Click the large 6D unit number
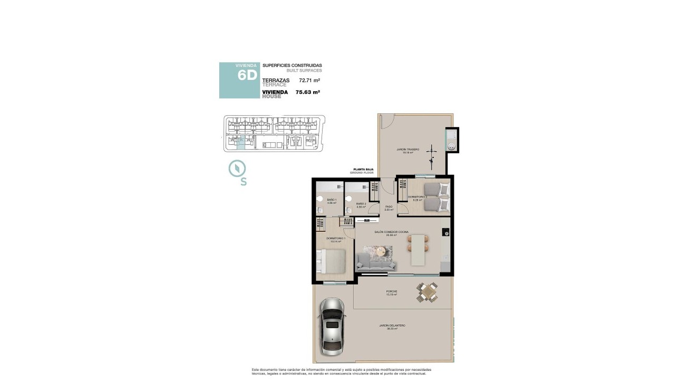[x=247, y=75]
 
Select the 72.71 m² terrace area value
[x=309, y=81]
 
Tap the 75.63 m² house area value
[x=308, y=92]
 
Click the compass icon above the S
[x=238, y=169]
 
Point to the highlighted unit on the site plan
[x=241, y=143]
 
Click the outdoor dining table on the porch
[x=428, y=292]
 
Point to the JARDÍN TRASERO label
[x=407, y=150]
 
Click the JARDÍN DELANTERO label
[x=392, y=326]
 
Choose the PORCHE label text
[x=391, y=291]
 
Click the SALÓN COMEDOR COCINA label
[x=391, y=232]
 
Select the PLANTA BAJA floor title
[x=363, y=169]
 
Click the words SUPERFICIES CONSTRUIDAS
[x=292, y=65]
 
